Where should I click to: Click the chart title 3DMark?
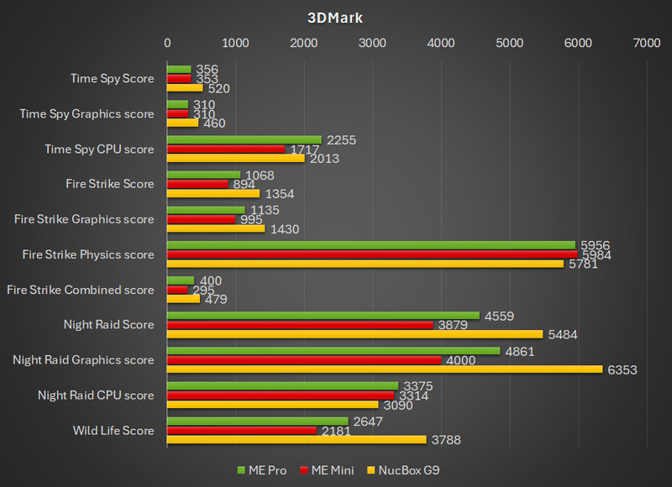335,17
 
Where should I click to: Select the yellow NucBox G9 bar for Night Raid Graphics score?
385,369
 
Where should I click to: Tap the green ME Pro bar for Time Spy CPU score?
244,140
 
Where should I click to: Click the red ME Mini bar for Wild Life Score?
242,430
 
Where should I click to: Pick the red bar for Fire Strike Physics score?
372,254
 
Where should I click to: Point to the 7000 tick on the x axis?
646,43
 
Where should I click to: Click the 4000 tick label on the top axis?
441,43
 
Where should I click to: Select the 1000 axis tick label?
236,43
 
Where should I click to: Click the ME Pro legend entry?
263,470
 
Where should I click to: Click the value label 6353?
622,369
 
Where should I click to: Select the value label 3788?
446,440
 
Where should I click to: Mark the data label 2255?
341,140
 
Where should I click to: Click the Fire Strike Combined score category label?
81,290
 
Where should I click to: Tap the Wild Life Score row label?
114,431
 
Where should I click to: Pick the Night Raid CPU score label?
97,395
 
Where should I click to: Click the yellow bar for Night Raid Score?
355,333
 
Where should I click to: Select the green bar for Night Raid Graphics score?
333,351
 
